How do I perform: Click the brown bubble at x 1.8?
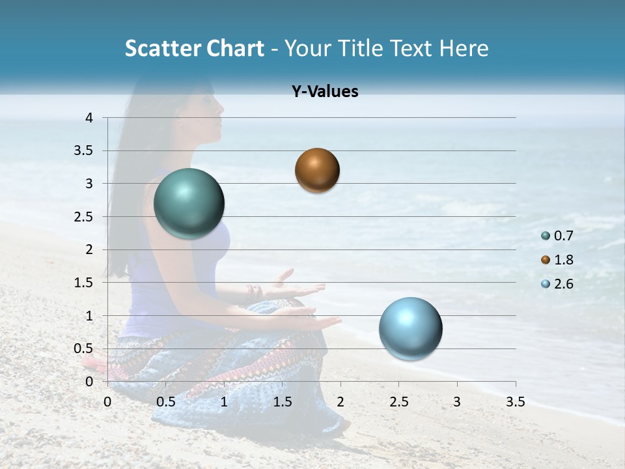[317, 170]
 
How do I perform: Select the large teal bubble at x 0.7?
[189, 203]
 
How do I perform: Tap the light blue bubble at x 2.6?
[410, 328]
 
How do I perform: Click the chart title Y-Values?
[324, 92]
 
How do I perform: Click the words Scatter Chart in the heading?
[194, 48]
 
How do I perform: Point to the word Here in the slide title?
[463, 48]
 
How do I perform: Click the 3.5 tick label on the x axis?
[515, 402]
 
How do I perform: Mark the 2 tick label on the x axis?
[340, 402]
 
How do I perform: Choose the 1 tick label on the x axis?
[224, 402]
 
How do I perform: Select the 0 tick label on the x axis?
[107, 402]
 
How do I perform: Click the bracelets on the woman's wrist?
[254, 294]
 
